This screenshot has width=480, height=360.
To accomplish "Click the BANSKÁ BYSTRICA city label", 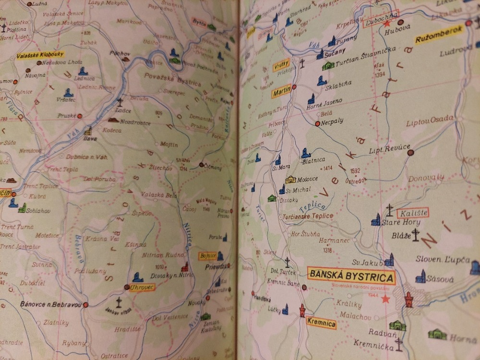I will coord(350,276).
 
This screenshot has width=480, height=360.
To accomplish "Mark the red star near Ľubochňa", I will coord(387,23).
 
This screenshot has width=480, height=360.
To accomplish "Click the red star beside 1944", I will coord(384,299).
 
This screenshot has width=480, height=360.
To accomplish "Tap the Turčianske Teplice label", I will coord(308,216).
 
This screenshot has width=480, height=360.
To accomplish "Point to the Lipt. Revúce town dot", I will coord(410,153).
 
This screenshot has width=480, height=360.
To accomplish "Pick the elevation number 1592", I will coord(355,171).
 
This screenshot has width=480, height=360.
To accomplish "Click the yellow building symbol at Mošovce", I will coord(291,179).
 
